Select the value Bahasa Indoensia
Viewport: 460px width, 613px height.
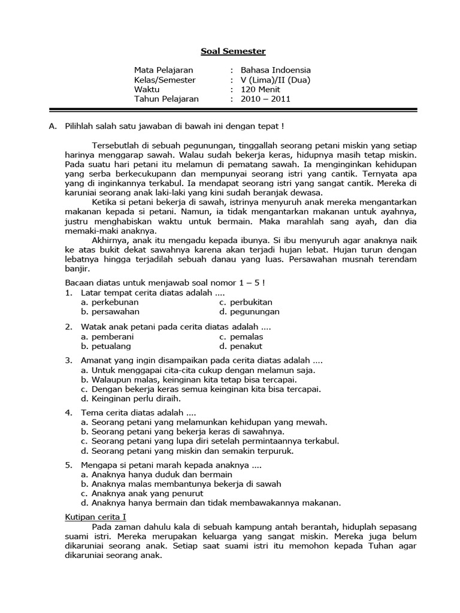pos(276,70)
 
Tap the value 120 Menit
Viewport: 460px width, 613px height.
pos(261,89)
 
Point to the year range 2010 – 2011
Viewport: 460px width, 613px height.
pos(265,99)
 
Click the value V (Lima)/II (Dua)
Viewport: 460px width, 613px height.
pos(276,80)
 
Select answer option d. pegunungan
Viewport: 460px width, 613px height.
pos(249,311)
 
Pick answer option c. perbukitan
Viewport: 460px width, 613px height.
pos(246,302)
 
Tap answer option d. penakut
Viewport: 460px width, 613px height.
pos(240,346)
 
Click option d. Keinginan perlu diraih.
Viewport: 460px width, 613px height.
pos(131,398)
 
